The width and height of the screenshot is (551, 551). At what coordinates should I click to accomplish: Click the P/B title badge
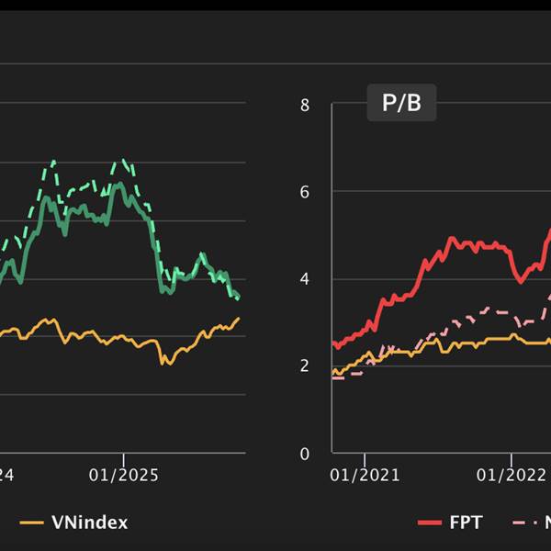point(401,103)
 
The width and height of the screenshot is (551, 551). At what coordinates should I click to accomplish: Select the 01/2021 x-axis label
point(365,475)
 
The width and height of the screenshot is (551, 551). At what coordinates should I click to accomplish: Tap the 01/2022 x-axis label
point(511,475)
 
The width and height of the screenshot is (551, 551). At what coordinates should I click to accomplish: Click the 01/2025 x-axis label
point(124,475)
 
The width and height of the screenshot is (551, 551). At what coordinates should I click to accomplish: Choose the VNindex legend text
point(90,523)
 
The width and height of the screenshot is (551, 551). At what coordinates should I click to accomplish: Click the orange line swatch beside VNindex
point(32,523)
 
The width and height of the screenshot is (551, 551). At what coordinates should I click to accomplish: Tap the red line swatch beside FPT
point(431,523)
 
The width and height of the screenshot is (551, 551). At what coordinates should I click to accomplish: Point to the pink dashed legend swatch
point(525,523)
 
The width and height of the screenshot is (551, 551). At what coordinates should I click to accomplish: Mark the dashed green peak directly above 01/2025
point(123,160)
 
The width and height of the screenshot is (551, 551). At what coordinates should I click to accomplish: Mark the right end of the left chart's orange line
point(239,318)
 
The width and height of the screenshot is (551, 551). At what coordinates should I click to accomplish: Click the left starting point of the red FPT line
point(332,345)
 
